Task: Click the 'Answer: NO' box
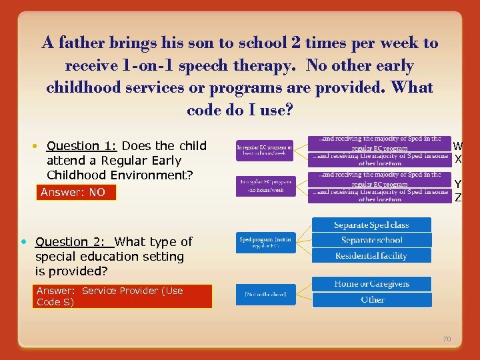pos(75,193)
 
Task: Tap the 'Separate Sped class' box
pos(371,225)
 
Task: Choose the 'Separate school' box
pos(371,240)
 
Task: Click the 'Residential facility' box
pos(371,255)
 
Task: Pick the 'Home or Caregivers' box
pos(371,284)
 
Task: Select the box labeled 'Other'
pos(371,299)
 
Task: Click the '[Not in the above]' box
pos(265,295)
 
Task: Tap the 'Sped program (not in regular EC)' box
pos(265,241)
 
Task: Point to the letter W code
pos(458,146)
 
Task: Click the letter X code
pos(458,159)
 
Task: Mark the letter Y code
pos(458,184)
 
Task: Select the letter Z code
pos(458,197)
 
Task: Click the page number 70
pos(447,339)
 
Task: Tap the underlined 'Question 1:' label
pos(82,146)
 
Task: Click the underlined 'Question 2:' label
pos(73,242)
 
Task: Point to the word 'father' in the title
pos(85,43)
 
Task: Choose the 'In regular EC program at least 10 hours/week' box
pos(265,149)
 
